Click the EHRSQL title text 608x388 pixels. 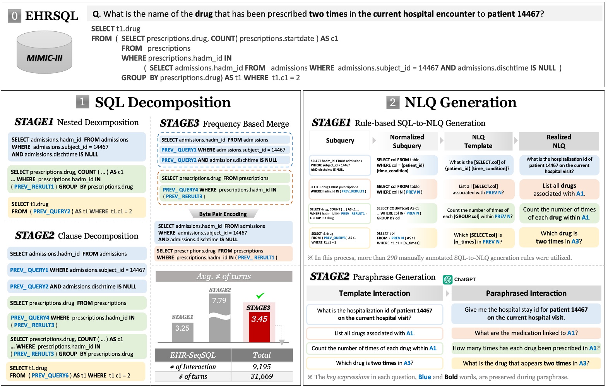click(51, 16)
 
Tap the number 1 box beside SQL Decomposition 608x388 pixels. click(82, 102)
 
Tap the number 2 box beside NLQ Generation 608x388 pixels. click(392, 102)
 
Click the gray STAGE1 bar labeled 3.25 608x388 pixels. click(182, 332)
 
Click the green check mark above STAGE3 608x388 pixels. click(260, 295)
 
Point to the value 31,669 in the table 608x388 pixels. click(262, 376)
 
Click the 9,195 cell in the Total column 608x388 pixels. click(262, 366)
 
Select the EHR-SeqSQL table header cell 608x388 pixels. click(193, 355)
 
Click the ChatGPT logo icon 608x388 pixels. click(448, 279)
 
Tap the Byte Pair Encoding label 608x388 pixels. click(223, 214)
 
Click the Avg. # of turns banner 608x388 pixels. click(224, 276)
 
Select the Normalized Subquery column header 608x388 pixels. click(407, 141)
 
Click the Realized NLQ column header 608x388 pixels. click(558, 141)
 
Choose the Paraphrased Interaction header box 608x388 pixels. click(526, 293)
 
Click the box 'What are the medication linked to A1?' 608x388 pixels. click(526, 333)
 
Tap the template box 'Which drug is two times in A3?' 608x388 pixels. click(374, 363)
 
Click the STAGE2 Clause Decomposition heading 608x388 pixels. click(77, 235)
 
